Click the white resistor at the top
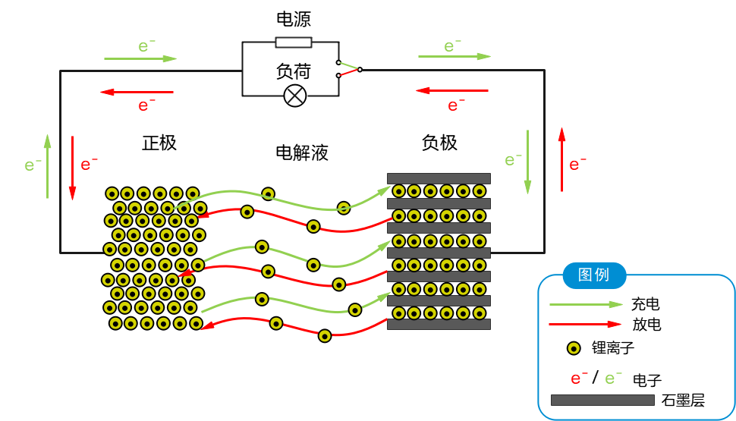point(293,42)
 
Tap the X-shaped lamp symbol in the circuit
point(294,96)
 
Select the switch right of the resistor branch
point(348,69)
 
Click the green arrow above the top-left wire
point(140,58)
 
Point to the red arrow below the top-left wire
point(137,93)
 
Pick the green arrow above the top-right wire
point(454,56)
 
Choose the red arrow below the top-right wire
point(452,91)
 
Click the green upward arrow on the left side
point(48,167)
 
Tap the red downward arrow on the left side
point(72,168)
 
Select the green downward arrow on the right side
point(527,162)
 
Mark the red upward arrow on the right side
point(561,159)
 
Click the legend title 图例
point(594,275)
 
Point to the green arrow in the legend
point(585,304)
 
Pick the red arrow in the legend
point(585,324)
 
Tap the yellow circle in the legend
point(574,348)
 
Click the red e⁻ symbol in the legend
point(579,378)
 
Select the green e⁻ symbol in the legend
point(613,378)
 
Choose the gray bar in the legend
point(602,400)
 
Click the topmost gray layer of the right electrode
point(439,178)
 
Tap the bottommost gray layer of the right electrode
point(439,324)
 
